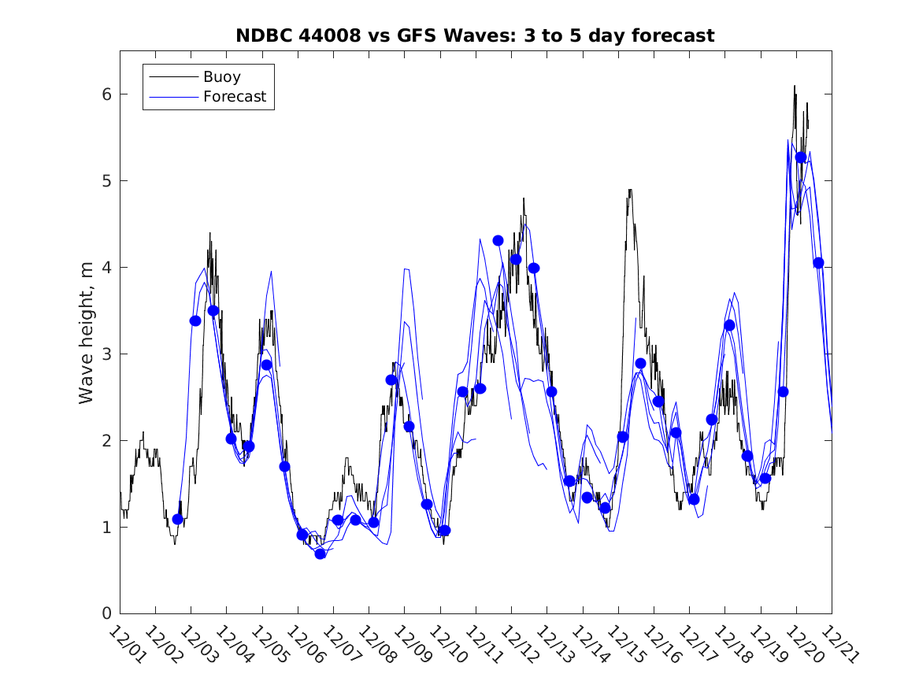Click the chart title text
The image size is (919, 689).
pyautogui.click(x=475, y=35)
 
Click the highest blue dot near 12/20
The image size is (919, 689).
pyautogui.click(x=801, y=157)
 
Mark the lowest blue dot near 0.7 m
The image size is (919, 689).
pyautogui.click(x=320, y=554)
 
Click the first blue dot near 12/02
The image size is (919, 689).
pyautogui.click(x=178, y=519)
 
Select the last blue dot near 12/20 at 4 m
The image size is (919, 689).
pyautogui.click(x=818, y=263)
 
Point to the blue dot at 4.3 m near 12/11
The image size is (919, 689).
pyautogui.click(x=498, y=240)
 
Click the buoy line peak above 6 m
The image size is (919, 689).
pyautogui.click(x=795, y=86)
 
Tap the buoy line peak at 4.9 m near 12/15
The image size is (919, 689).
pyautogui.click(x=630, y=190)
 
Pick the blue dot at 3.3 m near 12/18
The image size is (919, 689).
pyautogui.click(x=729, y=325)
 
